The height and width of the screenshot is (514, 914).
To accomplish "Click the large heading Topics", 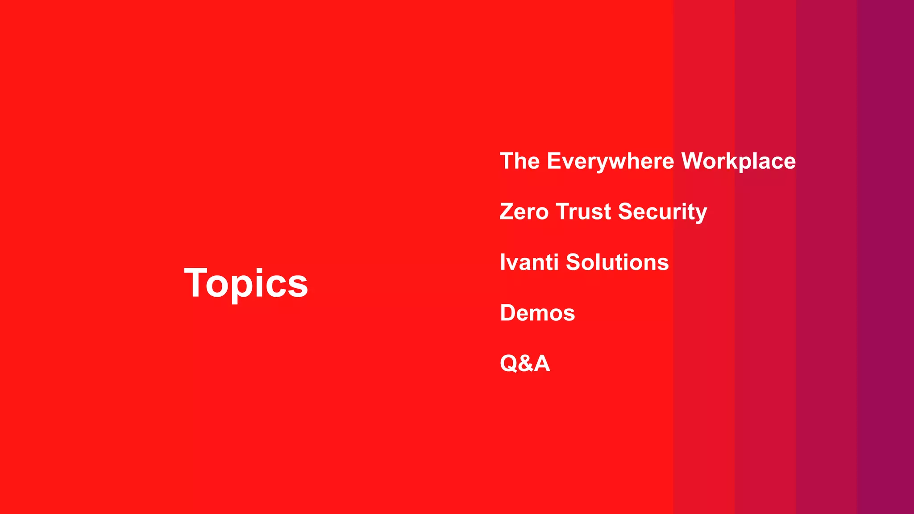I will (x=246, y=283).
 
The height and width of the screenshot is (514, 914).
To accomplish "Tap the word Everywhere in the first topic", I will (x=610, y=161).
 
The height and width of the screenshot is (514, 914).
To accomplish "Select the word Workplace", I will (x=739, y=161).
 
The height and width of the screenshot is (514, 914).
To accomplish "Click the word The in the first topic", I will (x=520, y=161).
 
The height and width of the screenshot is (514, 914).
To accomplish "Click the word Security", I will (x=663, y=211).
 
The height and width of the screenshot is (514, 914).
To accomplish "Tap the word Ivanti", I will (x=529, y=262).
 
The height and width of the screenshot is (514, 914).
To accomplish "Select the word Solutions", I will (x=617, y=262).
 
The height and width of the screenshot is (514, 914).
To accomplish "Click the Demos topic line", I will (x=537, y=313).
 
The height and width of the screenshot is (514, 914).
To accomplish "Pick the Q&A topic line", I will (x=525, y=363).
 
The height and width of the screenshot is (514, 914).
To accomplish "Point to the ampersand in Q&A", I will (x=525, y=363).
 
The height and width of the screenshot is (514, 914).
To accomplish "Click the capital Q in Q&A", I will (x=509, y=363).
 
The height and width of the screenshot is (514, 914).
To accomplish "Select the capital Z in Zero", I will (x=507, y=211).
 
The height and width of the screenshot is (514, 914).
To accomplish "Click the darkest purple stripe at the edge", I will (x=886, y=257).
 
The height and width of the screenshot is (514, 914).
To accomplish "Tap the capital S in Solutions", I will (x=574, y=262).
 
